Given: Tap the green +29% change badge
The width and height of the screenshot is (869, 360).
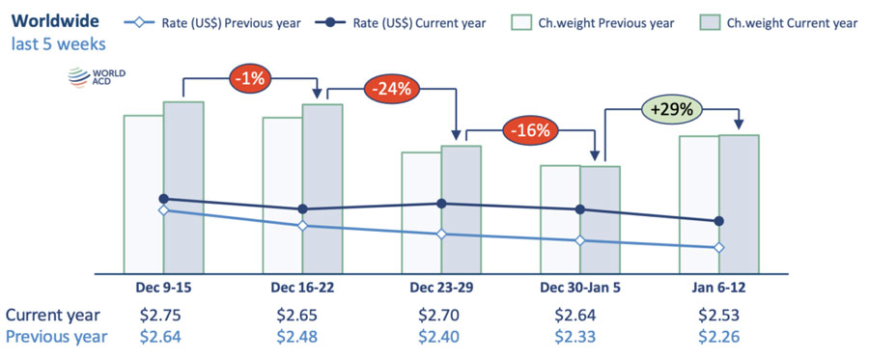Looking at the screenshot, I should click(670, 109).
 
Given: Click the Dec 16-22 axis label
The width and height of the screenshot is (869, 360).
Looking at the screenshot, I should click(303, 288).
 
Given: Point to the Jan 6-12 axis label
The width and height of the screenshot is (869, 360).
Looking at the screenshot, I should click(719, 288).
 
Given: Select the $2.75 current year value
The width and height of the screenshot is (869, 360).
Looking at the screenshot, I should click(163, 315).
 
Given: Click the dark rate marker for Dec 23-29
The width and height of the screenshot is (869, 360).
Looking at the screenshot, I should click(441, 204).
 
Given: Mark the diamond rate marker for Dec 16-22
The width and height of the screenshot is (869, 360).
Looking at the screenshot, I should click(303, 226).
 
